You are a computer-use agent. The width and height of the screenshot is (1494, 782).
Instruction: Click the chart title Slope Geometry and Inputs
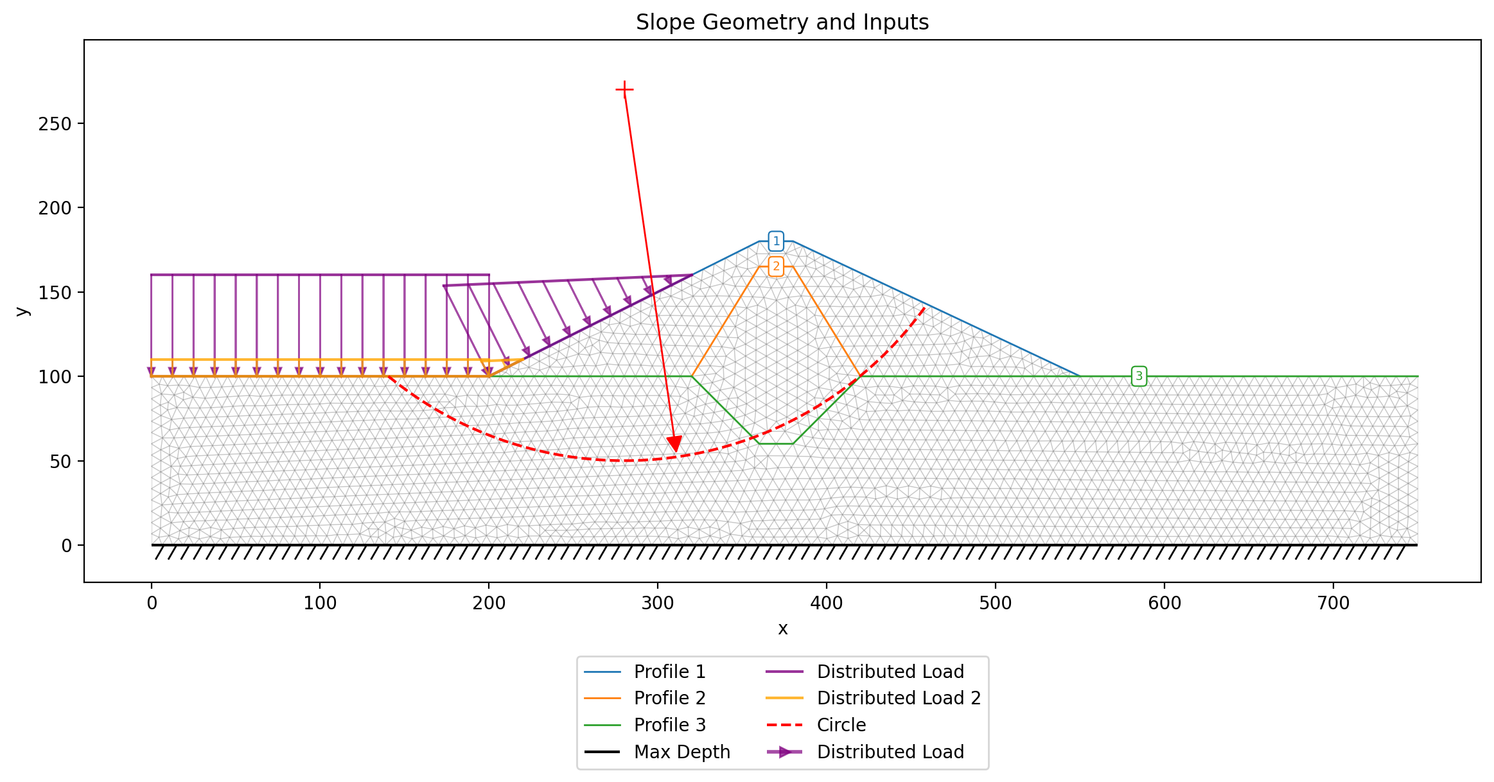(782, 22)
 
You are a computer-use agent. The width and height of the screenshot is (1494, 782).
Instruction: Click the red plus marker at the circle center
(624, 89)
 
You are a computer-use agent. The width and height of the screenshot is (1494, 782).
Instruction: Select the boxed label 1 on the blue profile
(776, 241)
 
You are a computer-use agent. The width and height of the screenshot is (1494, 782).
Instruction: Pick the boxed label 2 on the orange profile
(776, 266)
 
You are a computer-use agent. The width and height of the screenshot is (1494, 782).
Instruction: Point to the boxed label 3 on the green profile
(1139, 376)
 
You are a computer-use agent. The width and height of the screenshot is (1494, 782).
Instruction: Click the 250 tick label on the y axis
(55, 124)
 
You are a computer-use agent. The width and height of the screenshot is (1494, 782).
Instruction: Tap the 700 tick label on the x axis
(1333, 604)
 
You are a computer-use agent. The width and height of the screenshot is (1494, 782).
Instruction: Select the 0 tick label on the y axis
(66, 546)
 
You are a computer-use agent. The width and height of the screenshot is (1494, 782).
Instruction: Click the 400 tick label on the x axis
(827, 604)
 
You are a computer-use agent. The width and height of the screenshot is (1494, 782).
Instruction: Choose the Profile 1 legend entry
(646, 672)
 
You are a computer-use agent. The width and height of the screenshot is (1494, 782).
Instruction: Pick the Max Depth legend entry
(658, 752)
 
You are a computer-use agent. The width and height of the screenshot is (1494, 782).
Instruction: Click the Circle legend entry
(816, 725)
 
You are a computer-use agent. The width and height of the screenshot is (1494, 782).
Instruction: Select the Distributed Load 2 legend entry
(874, 698)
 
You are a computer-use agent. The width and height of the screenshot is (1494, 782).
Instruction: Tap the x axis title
(782, 629)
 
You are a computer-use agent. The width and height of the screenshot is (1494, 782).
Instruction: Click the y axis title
(22, 311)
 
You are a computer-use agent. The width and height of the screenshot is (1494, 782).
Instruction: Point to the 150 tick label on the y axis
(55, 293)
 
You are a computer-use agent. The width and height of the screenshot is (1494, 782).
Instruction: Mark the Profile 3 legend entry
(646, 725)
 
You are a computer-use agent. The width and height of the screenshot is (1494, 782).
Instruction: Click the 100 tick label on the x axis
(320, 604)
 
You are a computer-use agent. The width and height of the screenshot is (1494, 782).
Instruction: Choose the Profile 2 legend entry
(646, 698)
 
